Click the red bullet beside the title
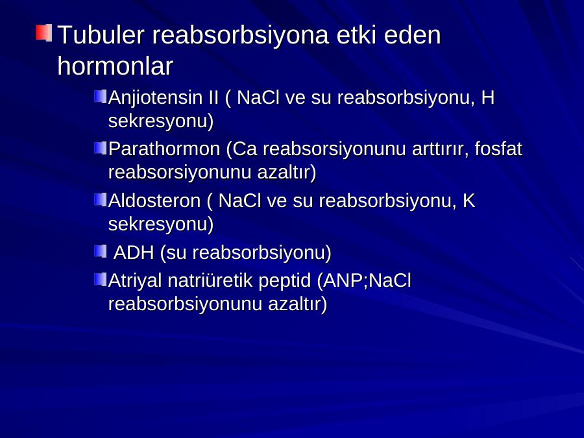pos(44,33)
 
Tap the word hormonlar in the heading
pos(116,66)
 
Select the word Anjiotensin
pos(155,97)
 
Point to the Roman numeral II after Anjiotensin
pos(213,97)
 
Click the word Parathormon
pos(164,149)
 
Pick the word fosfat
pos(498,149)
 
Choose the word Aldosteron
pos(154,201)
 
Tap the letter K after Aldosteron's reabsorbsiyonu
pos(469,201)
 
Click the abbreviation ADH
pos(134,252)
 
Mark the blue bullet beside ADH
pos(101,251)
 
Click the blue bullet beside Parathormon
pos(101,148)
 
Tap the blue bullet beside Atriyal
pos(101,280)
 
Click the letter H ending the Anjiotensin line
pos(488,97)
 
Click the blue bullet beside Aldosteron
pos(101,200)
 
